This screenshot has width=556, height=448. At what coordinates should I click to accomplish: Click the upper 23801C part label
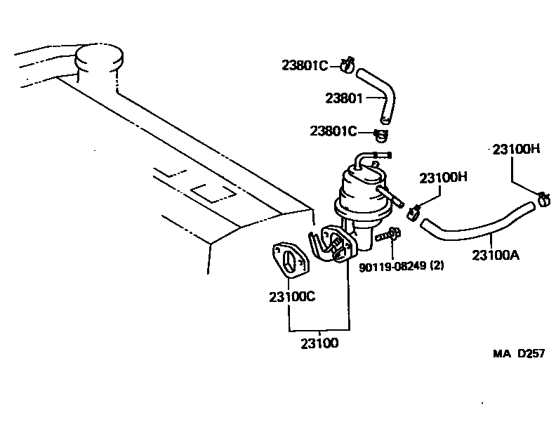point(305,66)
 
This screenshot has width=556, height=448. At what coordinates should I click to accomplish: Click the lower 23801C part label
point(333,131)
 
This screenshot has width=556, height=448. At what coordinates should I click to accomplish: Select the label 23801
point(343,98)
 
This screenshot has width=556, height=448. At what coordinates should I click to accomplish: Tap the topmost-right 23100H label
point(515,149)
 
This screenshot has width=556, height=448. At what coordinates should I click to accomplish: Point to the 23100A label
point(495,255)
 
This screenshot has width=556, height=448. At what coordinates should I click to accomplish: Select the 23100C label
point(291,296)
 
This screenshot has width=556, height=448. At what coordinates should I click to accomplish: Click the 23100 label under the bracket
point(319,343)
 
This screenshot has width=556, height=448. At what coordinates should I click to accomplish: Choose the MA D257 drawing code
point(518,353)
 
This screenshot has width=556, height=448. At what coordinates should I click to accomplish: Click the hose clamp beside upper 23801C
point(346,66)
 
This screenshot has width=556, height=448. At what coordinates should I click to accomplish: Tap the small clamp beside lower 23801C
point(381,133)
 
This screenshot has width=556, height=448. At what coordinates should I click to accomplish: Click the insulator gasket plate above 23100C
point(289,259)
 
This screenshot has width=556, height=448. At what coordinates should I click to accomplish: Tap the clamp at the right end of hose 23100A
point(543,200)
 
